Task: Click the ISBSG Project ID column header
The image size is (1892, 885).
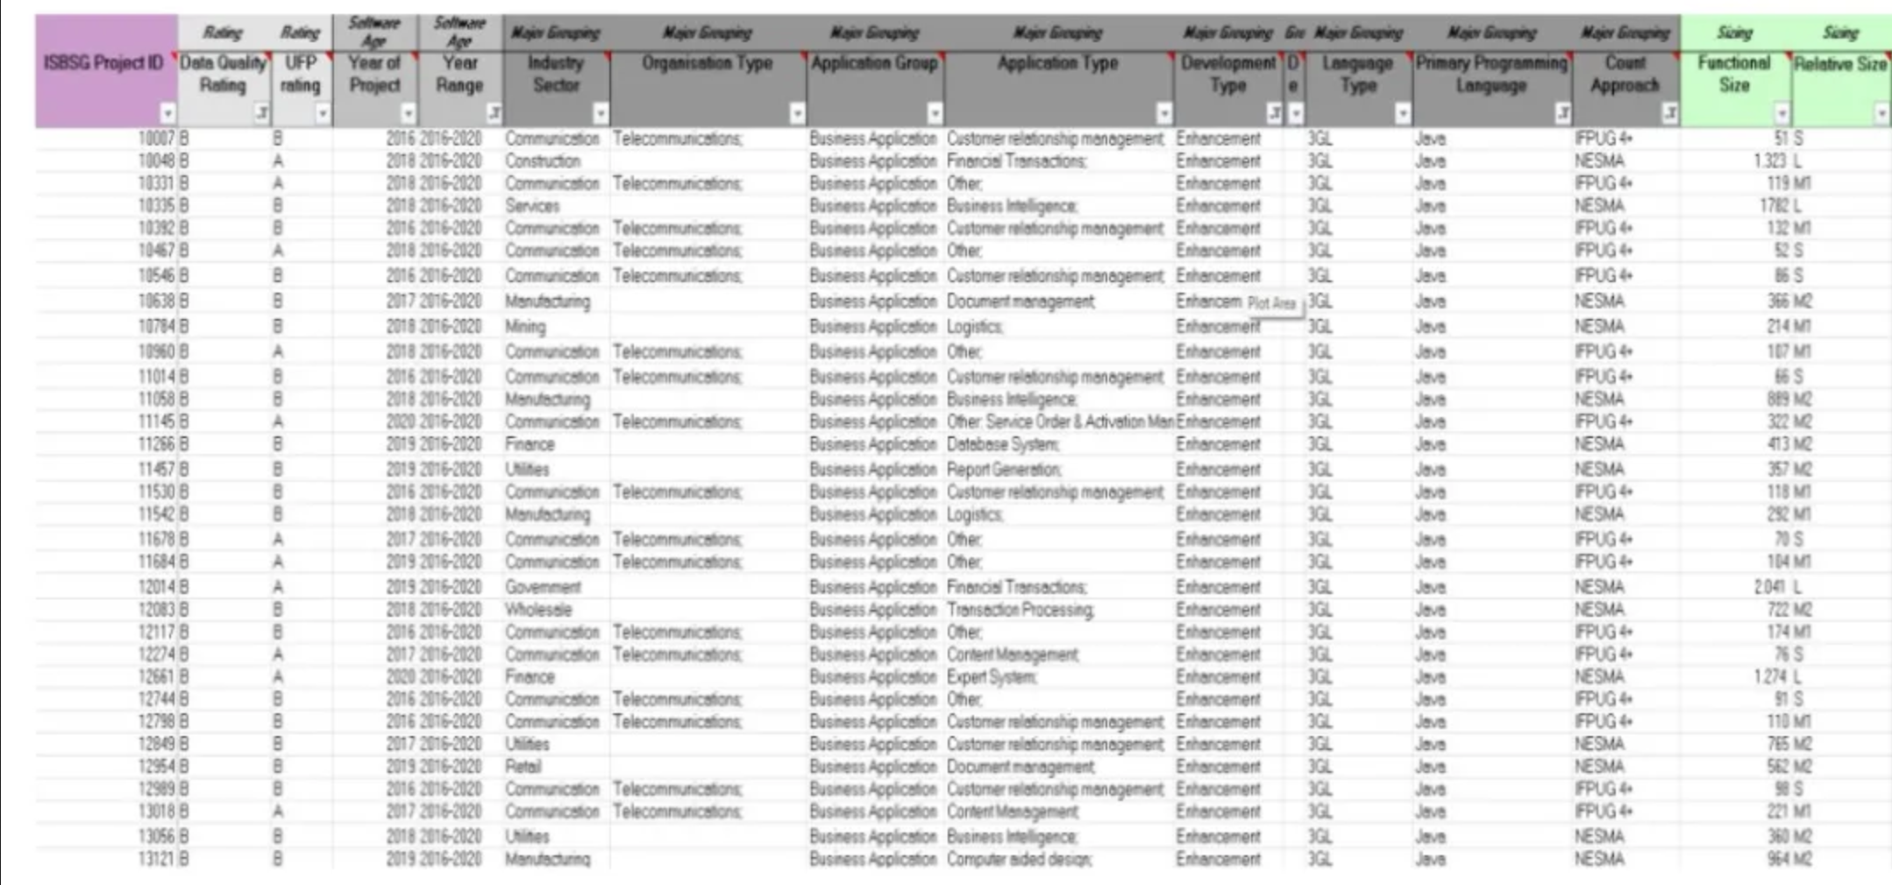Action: (103, 64)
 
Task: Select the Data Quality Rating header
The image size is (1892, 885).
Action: (223, 74)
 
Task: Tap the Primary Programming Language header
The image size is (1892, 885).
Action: (1491, 74)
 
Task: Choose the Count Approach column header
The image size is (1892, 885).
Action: (1624, 74)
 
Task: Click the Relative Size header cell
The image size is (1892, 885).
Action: (1839, 64)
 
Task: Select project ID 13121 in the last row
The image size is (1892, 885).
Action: (157, 859)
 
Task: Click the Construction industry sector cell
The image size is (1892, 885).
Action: (543, 161)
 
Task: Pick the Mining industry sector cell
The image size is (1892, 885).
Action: (525, 327)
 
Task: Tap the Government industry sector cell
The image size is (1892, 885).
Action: (543, 587)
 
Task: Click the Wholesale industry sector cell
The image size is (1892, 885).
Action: (538, 610)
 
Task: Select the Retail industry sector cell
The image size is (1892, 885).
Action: (523, 767)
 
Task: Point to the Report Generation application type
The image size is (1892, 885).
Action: (1004, 470)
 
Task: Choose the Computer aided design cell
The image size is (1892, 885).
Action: (1019, 859)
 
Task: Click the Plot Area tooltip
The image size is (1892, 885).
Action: (1272, 304)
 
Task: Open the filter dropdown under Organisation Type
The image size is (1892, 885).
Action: (796, 114)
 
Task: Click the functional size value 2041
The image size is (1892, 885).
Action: (1769, 587)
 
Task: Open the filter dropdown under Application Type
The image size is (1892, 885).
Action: (1163, 114)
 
